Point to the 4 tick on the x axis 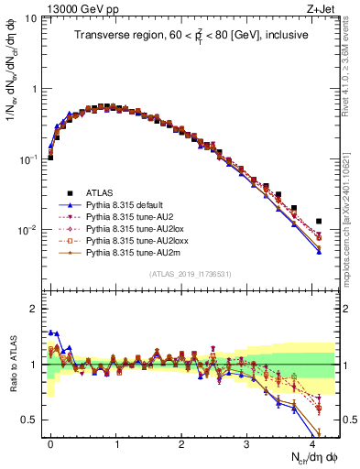311,443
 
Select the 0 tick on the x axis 50,443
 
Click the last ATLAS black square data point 319,222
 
